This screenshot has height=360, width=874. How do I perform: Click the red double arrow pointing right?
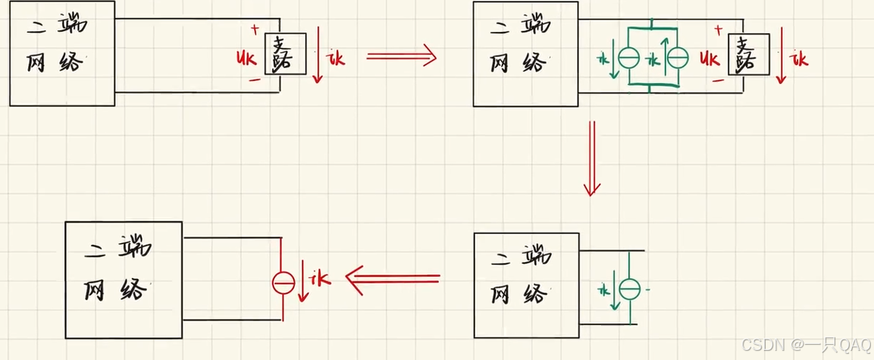[x=401, y=55]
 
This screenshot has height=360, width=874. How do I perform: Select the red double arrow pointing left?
[x=393, y=278]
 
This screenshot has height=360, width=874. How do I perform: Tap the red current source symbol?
[x=284, y=283]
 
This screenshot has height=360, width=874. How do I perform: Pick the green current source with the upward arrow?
[x=676, y=58]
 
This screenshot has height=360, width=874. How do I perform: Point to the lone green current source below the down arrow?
[x=629, y=289]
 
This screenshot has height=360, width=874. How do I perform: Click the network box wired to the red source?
[x=123, y=280]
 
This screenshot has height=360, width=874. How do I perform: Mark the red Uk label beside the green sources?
[x=710, y=58]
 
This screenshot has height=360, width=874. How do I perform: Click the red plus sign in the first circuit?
[x=254, y=30]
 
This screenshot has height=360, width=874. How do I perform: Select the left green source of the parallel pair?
[x=628, y=58]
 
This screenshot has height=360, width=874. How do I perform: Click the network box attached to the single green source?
[x=526, y=285]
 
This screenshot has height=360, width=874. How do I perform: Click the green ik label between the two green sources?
[x=651, y=58]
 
